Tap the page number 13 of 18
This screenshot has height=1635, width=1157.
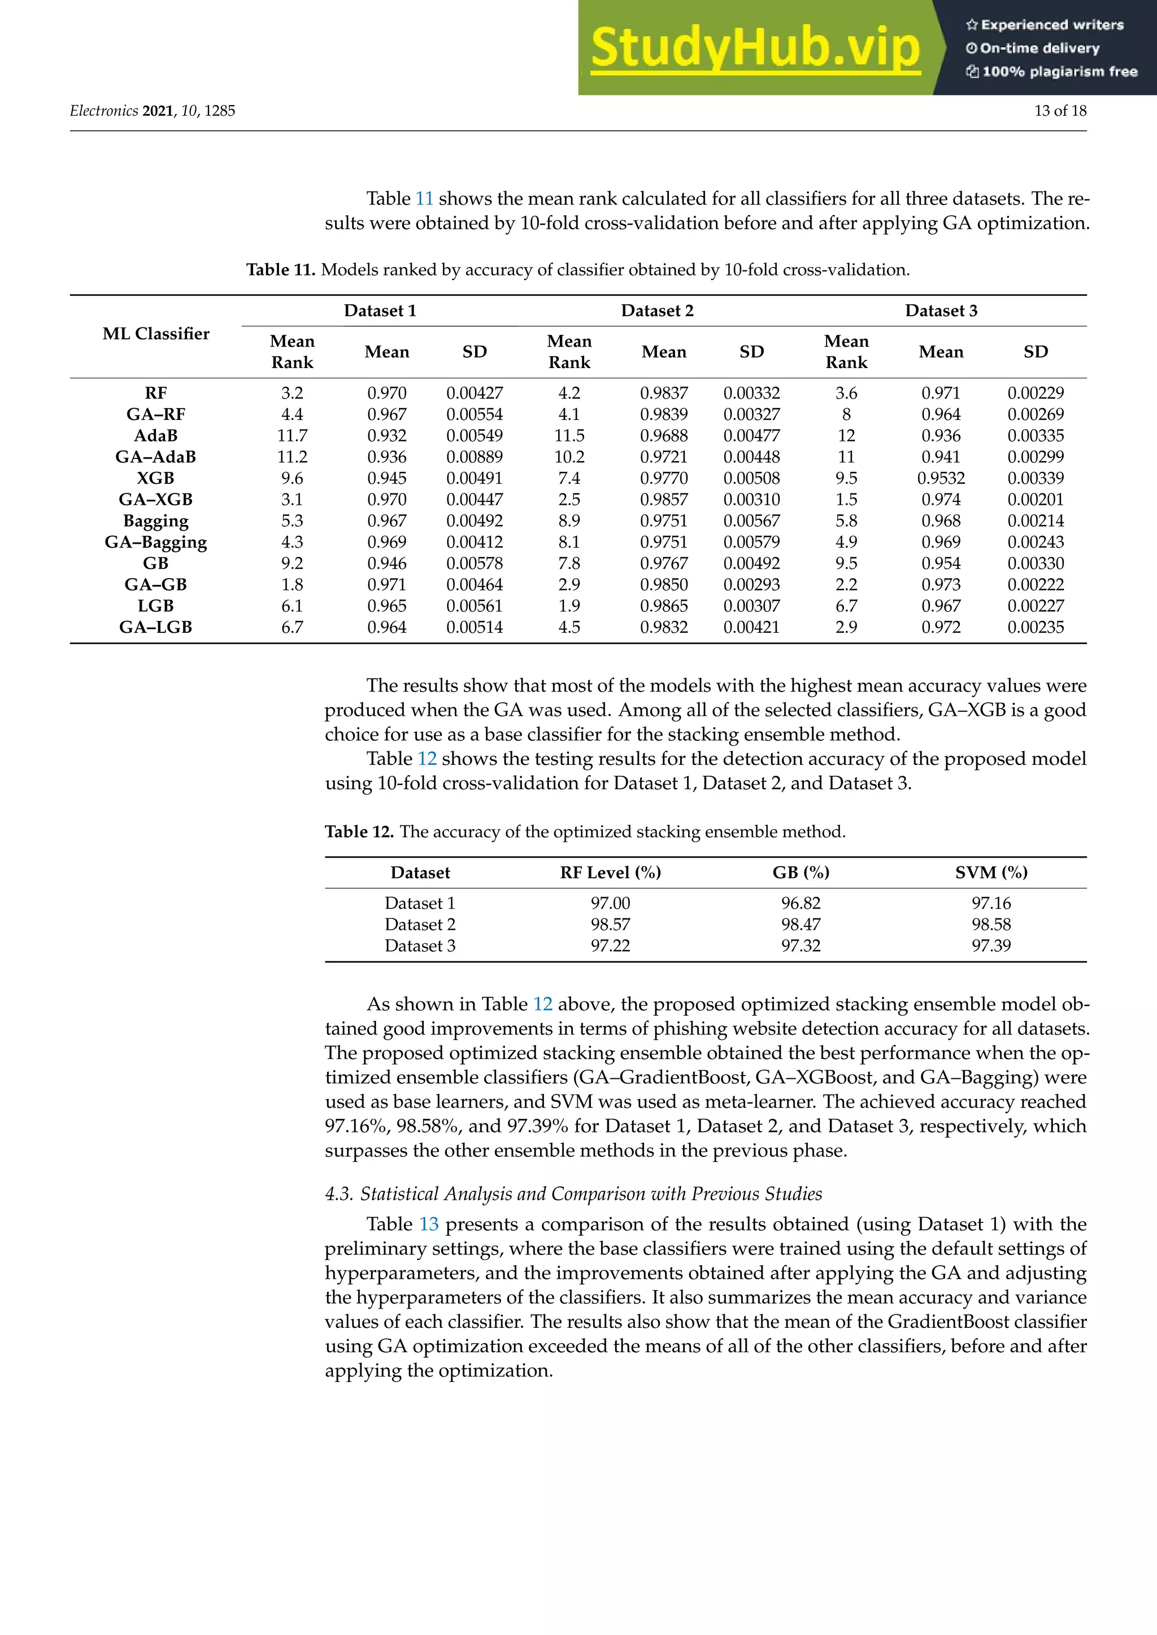[x=1059, y=111]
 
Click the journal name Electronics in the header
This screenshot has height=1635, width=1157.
[x=104, y=111]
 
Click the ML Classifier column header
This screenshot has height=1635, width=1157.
[x=155, y=333]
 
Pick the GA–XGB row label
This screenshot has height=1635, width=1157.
[x=155, y=499]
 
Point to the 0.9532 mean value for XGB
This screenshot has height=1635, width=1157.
[x=941, y=478]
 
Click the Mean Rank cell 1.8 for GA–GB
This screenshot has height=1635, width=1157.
[x=292, y=585]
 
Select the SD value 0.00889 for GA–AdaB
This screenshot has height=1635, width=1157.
[x=475, y=457]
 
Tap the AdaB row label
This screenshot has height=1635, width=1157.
[x=155, y=435]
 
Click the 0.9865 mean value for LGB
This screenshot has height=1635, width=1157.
[x=663, y=606]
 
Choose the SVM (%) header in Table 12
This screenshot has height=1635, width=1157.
[x=991, y=872]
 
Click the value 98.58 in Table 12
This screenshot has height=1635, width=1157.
[x=991, y=924]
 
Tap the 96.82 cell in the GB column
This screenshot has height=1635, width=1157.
[x=800, y=903]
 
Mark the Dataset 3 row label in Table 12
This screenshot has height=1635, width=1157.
[x=420, y=946]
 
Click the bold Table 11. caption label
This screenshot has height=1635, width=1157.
[x=281, y=270]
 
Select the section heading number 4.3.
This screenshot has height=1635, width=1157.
[x=339, y=1194]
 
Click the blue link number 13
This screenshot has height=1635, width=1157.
[x=428, y=1224]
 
